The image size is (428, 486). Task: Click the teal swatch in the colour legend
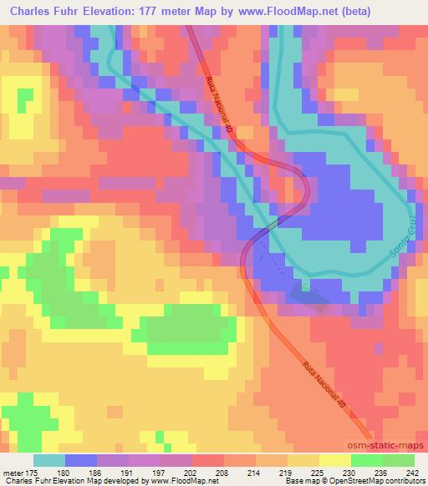[49, 460]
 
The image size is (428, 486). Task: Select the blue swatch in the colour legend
[81, 460]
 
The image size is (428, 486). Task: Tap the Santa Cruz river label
[401, 239]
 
